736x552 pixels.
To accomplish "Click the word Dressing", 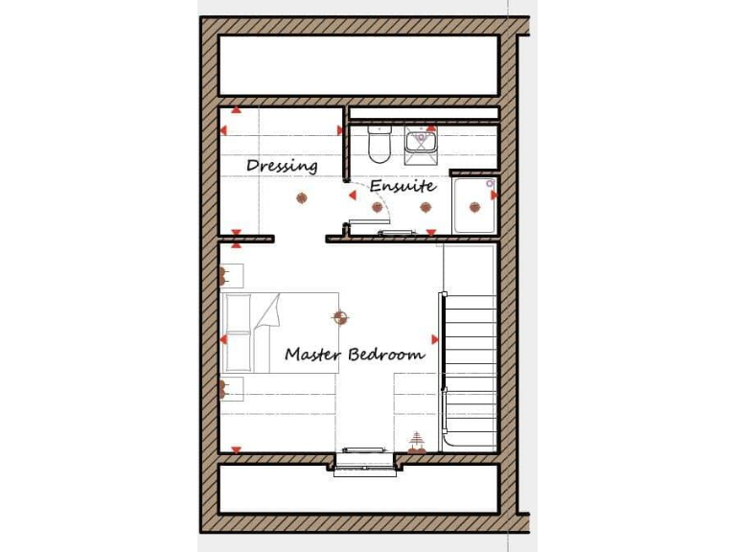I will point(282,166).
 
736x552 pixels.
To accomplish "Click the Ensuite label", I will point(402,186).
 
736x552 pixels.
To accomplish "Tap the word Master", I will point(313,355).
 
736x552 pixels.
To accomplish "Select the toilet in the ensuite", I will point(378,144).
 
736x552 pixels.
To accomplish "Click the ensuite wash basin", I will point(421,142).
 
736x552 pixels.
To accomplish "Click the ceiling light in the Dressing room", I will point(302,198).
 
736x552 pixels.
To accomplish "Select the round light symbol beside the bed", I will point(339,315).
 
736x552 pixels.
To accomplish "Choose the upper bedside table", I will point(231,276).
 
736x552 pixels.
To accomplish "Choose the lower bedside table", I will point(231,388).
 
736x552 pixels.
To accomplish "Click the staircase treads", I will point(471,355).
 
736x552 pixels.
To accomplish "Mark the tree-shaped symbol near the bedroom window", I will point(416,442).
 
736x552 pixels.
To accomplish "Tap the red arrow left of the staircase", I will point(435,339).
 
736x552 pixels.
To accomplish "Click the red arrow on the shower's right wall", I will point(494,195).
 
